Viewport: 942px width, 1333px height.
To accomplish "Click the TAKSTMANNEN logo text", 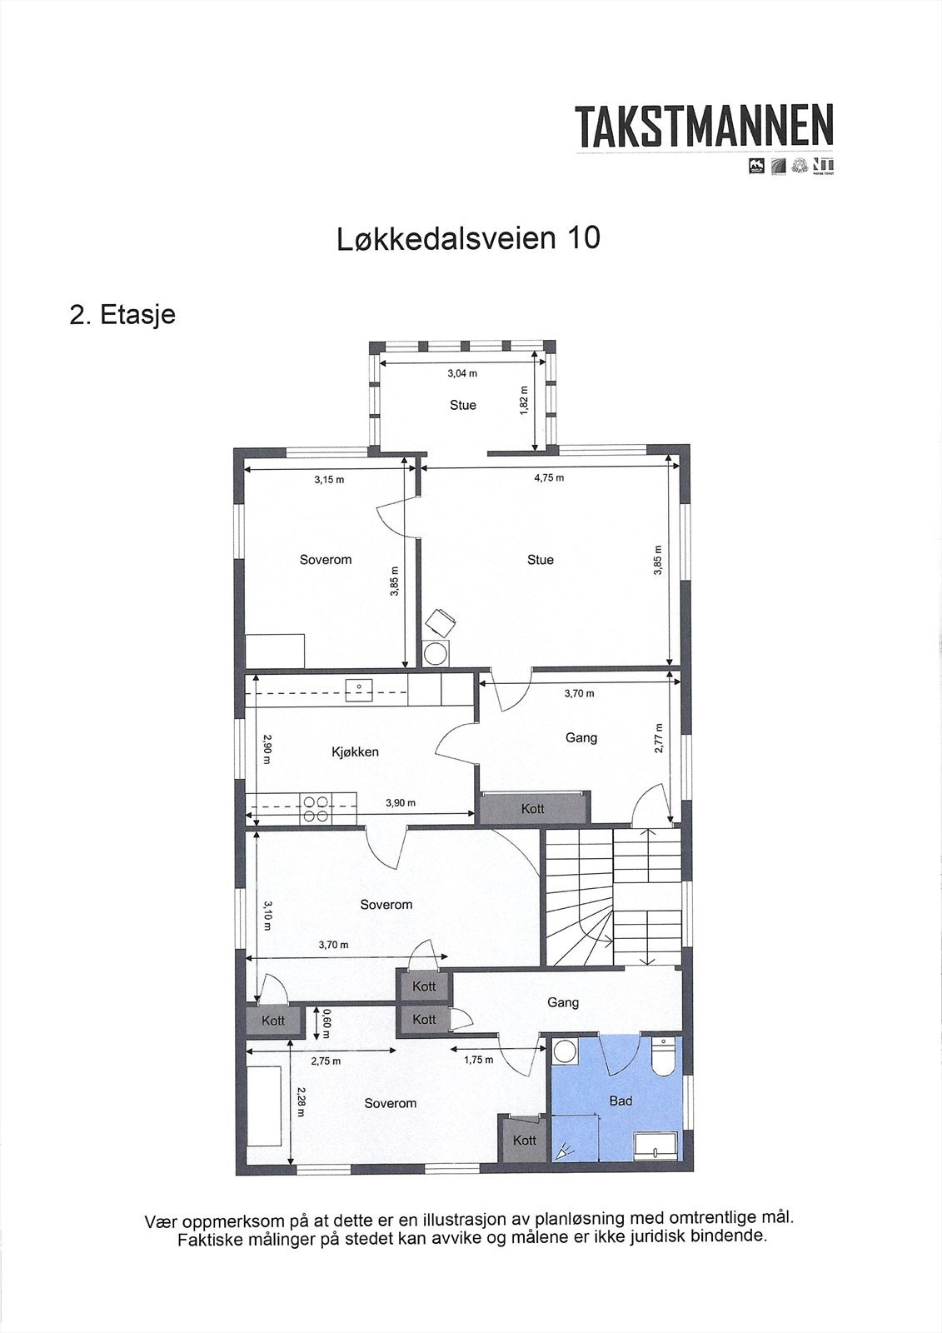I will (705, 127).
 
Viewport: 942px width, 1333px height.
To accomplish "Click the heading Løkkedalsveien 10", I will (468, 238).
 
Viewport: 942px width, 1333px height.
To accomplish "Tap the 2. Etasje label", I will (122, 315).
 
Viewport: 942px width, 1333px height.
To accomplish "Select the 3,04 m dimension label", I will (462, 374).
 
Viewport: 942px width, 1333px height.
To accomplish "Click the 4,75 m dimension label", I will (549, 478).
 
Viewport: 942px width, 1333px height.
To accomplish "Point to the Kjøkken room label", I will (355, 752).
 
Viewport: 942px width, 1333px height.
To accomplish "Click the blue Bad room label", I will (621, 1101).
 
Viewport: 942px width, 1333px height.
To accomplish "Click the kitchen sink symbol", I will (358, 691).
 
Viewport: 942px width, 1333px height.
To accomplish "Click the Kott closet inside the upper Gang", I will (533, 809).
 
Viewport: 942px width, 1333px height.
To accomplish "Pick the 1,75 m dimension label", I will (478, 1061).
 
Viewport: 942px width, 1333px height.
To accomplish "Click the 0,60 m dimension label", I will (326, 1023).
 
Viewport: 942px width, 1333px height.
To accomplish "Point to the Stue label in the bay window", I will (463, 406).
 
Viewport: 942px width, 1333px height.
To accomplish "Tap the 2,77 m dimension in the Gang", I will (658, 738).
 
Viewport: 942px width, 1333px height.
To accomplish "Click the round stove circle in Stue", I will (435, 654).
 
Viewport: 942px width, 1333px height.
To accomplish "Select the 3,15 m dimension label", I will (329, 480).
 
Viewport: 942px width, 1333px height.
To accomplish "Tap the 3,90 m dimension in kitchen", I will (401, 803).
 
